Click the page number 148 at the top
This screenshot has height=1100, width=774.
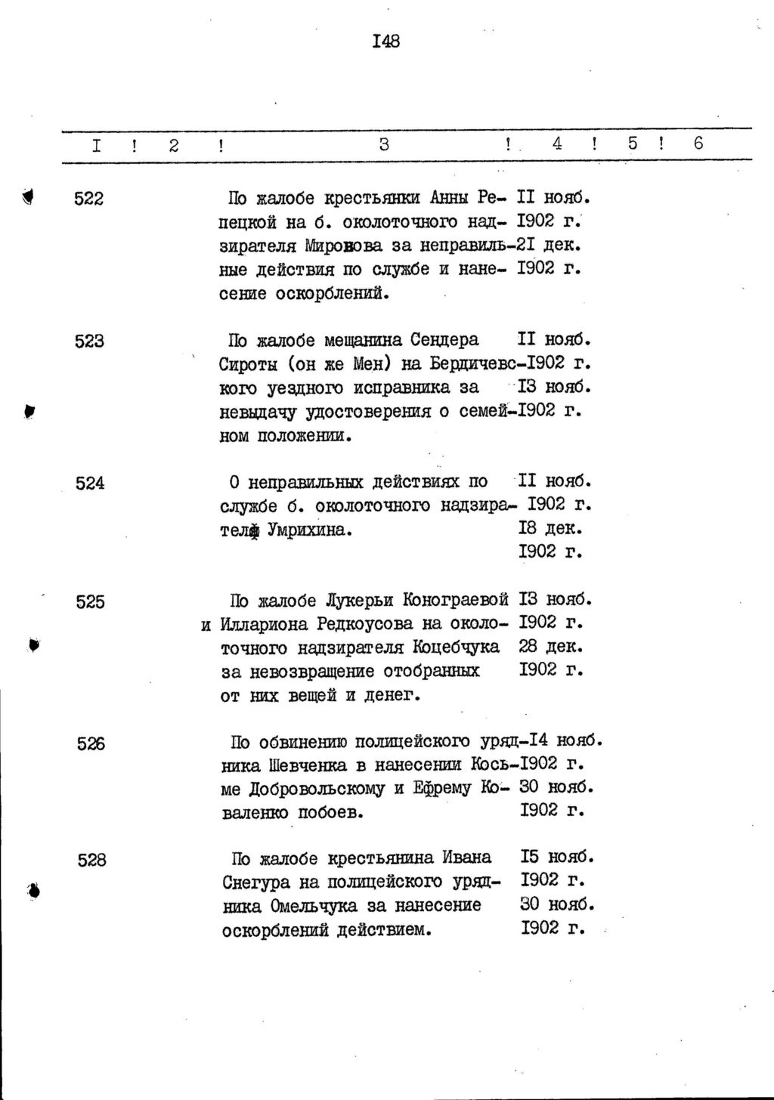pyautogui.click(x=385, y=41)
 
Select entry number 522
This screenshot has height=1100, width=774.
pyautogui.click(x=88, y=199)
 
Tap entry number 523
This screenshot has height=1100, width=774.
pyautogui.click(x=89, y=341)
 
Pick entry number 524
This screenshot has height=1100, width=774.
pyautogui.click(x=90, y=483)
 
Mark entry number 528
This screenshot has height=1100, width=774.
pyautogui.click(x=91, y=860)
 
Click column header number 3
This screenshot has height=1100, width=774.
pyautogui.click(x=384, y=144)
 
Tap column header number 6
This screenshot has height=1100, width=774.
pyautogui.click(x=698, y=143)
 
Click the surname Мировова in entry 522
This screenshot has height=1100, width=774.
pyautogui.click(x=340, y=246)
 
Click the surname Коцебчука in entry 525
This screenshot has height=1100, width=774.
pyautogui.click(x=456, y=647)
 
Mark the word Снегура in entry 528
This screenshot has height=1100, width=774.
pyautogui.click(x=260, y=882)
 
